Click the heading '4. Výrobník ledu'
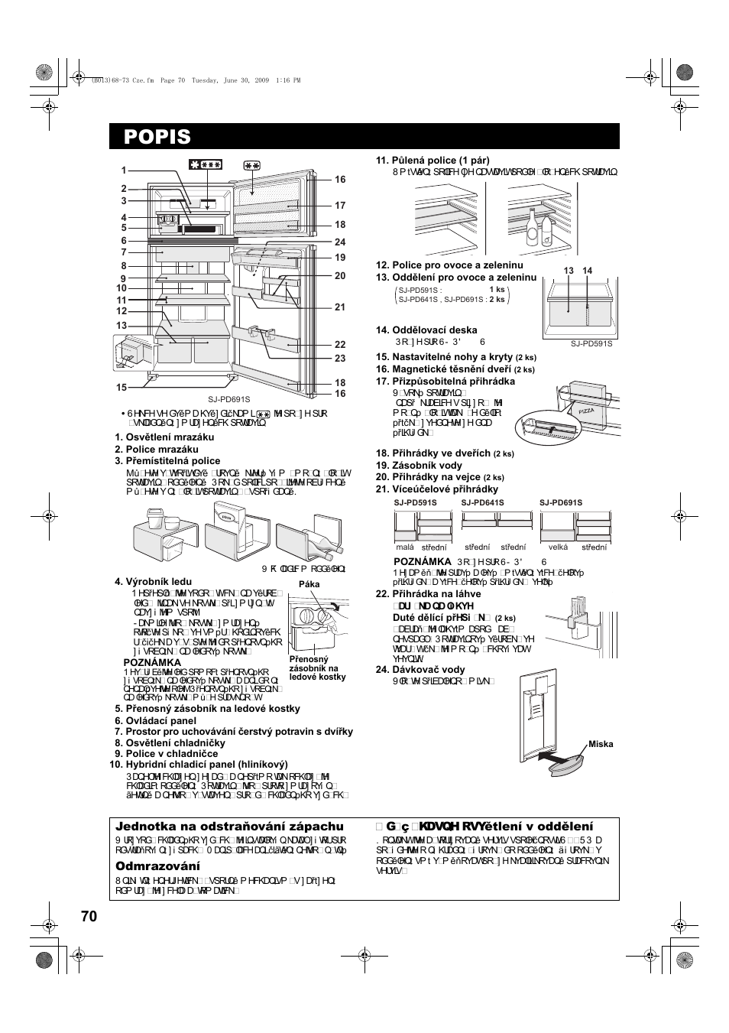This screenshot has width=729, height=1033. [x=153, y=582]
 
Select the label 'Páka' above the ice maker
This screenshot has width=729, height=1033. [x=309, y=584]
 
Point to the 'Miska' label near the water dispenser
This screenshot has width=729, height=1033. [x=601, y=744]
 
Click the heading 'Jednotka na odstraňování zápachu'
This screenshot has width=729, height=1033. [x=229, y=827]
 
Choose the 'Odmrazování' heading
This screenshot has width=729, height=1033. [x=157, y=866]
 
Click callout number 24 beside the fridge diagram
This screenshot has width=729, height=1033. [x=340, y=242]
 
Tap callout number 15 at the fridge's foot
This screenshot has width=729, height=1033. [x=122, y=388]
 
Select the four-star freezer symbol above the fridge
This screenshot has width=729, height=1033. [x=206, y=164]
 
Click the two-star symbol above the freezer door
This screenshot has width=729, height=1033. [x=252, y=164]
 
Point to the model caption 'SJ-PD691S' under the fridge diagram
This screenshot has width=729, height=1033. [x=229, y=399]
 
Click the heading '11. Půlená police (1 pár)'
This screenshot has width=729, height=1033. [x=432, y=161]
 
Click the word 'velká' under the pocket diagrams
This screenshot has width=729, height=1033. [x=558, y=547]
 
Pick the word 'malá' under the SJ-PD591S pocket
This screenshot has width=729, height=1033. [x=405, y=547]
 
